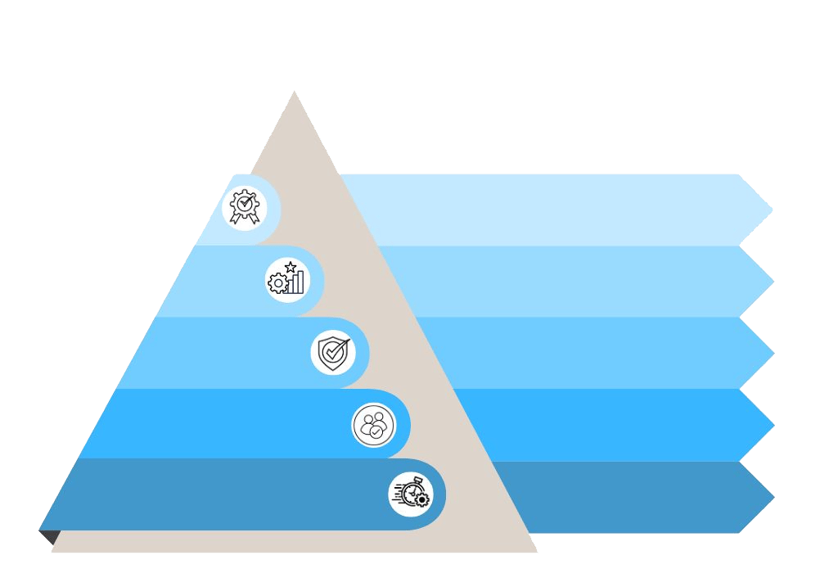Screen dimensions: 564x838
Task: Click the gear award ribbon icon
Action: (244, 207)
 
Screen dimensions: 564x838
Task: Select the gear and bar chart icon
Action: (286, 280)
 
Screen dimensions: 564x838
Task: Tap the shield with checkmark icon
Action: (333, 353)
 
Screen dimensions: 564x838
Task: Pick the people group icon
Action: (373, 426)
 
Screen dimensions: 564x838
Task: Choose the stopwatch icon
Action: (411, 494)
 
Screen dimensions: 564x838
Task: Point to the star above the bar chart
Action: (291, 267)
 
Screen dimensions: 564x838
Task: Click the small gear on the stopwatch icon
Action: (421, 499)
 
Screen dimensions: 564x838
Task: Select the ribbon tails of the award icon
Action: (243, 219)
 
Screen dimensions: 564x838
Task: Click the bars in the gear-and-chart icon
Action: (295, 282)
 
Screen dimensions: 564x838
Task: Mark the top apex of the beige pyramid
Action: (294, 92)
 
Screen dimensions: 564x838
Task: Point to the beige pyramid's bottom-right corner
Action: (537, 552)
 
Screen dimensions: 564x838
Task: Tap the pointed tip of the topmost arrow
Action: (772, 210)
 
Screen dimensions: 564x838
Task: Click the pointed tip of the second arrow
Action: (773, 282)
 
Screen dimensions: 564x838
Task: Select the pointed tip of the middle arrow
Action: (773, 353)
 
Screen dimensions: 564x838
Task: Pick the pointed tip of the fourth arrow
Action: (773, 425)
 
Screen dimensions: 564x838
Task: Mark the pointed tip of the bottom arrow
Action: (773, 497)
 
